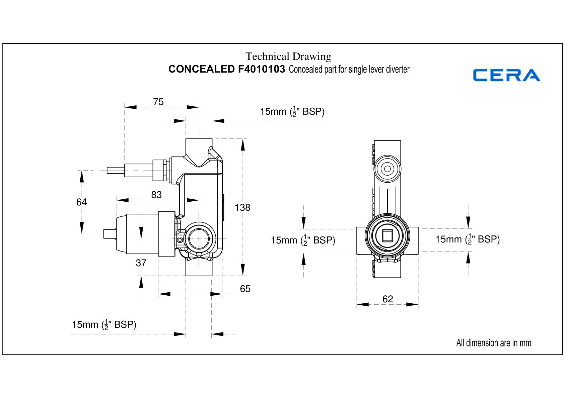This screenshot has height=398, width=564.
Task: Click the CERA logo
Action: [x=507, y=75]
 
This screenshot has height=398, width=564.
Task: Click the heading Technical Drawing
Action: [x=288, y=56]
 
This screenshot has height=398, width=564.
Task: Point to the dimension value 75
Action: [x=158, y=102]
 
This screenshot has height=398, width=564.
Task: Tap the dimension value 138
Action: [x=242, y=207]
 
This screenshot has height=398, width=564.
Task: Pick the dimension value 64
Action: [x=82, y=202]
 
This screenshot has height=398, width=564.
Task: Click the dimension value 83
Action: [x=156, y=195]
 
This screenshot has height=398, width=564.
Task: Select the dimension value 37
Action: [x=141, y=263]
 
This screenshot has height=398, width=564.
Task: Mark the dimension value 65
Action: [x=245, y=289]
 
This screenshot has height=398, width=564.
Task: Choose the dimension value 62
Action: [x=388, y=299]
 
